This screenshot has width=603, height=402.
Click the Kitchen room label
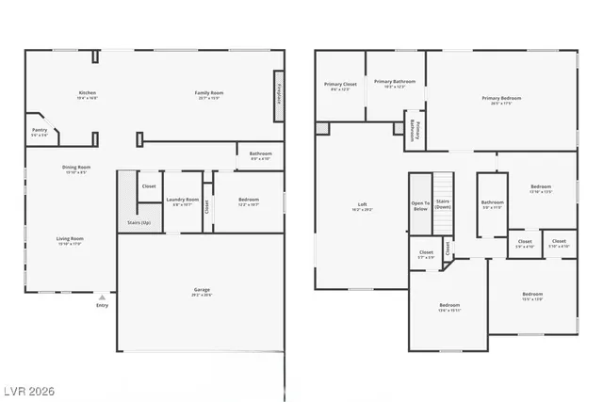click(88, 92)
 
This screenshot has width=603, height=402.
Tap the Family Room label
click(207, 92)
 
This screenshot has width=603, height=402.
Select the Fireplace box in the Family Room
click(279, 97)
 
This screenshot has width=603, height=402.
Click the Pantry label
click(40, 130)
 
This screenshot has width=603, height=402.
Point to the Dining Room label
click(77, 168)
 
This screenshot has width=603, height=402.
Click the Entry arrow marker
click(102, 297)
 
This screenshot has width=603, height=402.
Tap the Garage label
click(200, 292)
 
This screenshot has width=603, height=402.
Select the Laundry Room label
click(183, 199)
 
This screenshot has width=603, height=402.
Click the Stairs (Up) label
click(139, 223)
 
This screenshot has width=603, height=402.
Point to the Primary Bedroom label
click(500, 98)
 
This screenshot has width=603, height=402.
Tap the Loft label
click(362, 204)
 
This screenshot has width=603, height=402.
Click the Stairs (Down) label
click(444, 203)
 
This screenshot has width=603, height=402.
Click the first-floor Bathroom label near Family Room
click(260, 153)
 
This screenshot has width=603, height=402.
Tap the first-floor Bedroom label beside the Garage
click(248, 199)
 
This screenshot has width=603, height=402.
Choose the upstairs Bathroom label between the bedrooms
click(492, 201)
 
